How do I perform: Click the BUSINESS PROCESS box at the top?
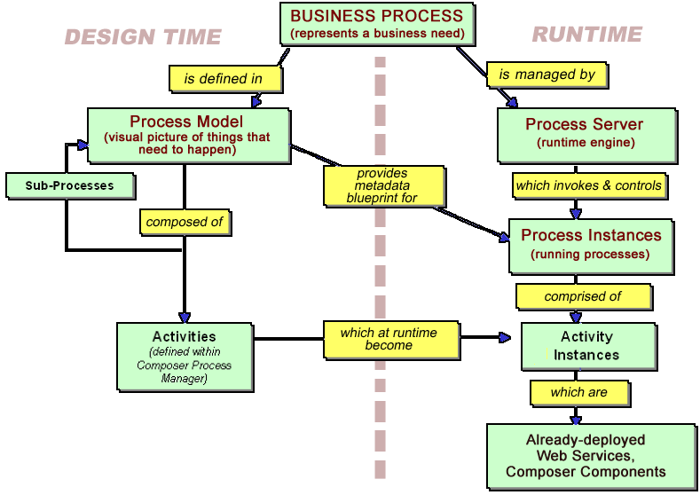click(x=377, y=24)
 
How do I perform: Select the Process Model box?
click(x=188, y=135)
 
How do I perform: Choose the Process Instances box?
click(x=590, y=244)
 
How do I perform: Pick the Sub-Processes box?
click(x=71, y=185)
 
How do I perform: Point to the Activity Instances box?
click(x=587, y=346)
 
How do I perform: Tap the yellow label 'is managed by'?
click(x=547, y=75)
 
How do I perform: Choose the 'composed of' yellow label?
click(x=185, y=222)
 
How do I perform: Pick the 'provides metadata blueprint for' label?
click(x=382, y=186)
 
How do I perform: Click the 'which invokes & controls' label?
click(x=589, y=185)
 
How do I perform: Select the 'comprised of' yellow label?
click(x=582, y=296)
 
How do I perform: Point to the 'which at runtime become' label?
click(x=389, y=339)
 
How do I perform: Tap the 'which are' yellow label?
click(x=578, y=392)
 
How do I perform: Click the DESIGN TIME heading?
click(x=142, y=37)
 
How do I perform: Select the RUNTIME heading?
click(x=586, y=35)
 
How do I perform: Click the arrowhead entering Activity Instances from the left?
click(x=506, y=338)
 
